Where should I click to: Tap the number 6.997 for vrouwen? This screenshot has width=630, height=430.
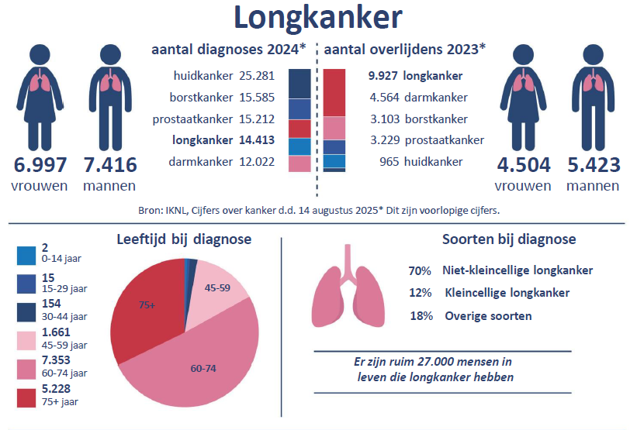tap(40, 165)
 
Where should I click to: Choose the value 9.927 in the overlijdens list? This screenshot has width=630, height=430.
tap(383, 77)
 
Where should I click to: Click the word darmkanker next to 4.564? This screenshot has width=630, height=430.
tap(435, 98)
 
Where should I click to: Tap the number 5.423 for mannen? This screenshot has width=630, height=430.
tap(593, 165)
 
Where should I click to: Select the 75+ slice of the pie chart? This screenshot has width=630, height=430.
tap(147, 305)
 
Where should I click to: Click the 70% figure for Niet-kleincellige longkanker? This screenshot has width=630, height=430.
tap(420, 270)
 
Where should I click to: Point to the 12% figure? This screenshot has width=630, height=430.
tap(420, 293)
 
